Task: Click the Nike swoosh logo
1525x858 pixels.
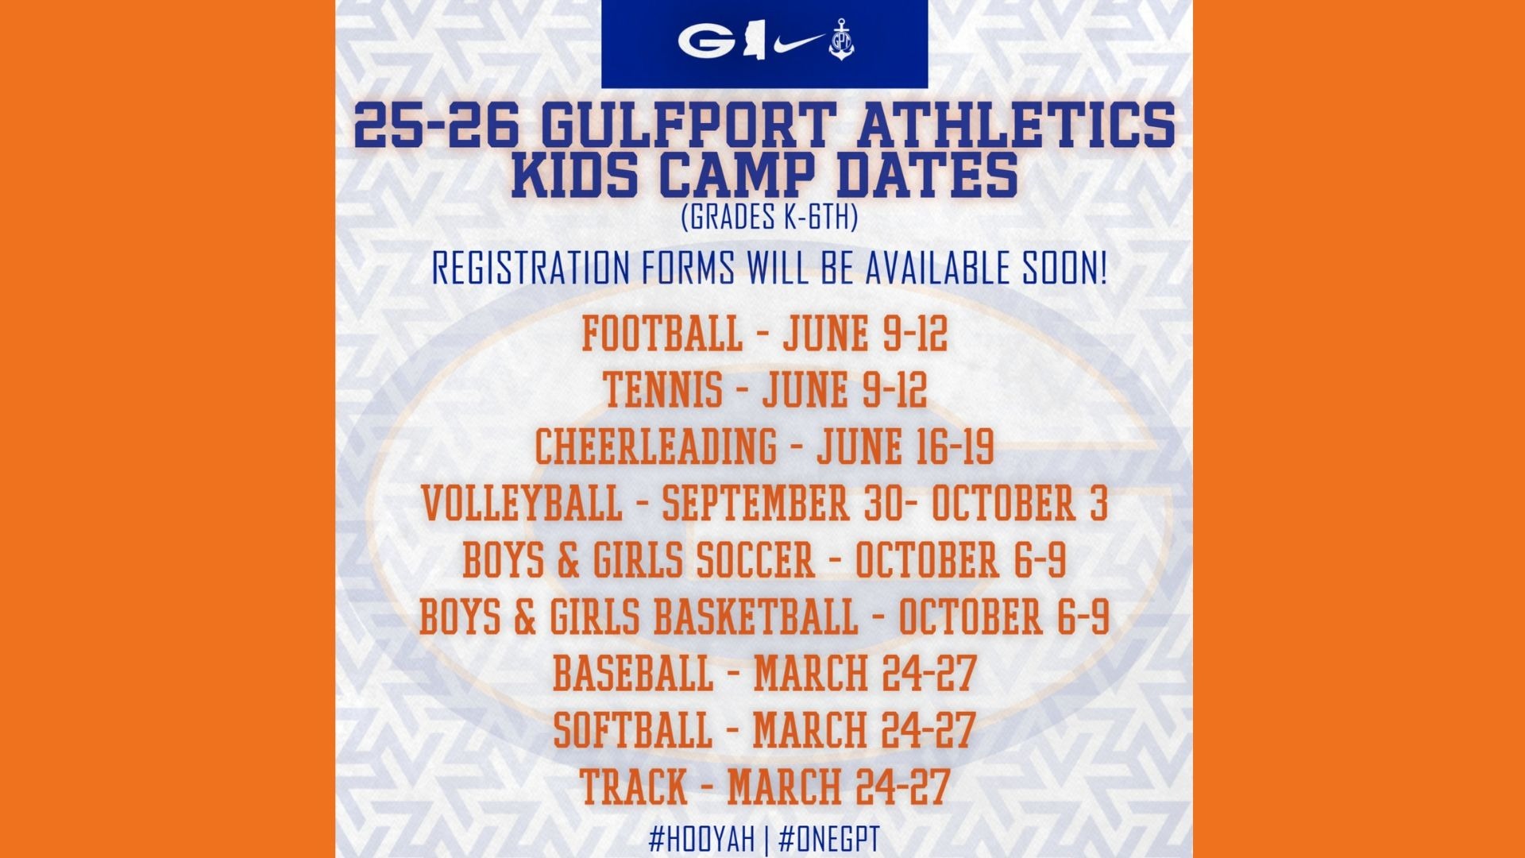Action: point(797,42)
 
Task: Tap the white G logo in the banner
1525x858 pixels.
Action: point(706,43)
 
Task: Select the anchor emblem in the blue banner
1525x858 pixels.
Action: point(840,42)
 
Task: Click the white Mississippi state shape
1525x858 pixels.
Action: point(753,43)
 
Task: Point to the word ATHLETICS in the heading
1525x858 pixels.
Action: point(1005,125)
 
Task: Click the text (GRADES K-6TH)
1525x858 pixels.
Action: point(769,217)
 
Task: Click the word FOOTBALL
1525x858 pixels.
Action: point(662,333)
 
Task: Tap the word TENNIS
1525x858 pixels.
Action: point(662,390)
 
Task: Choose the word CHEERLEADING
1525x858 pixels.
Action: point(656,446)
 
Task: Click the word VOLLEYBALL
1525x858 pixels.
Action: point(522,504)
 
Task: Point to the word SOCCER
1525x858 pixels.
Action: point(756,560)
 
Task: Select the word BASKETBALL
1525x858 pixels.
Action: point(756,617)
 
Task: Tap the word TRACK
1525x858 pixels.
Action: point(633,787)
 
